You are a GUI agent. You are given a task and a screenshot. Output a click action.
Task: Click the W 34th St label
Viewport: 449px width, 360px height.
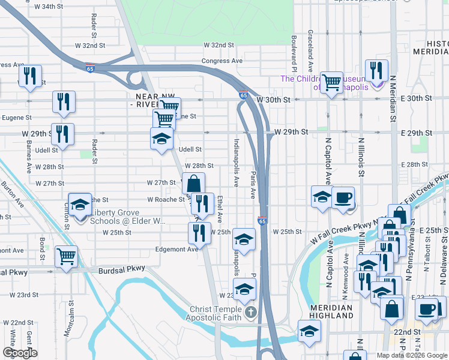(49, 7)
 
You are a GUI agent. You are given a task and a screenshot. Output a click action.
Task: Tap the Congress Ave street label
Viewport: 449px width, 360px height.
(222, 61)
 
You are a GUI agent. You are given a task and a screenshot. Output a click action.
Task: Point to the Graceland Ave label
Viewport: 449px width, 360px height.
(310, 43)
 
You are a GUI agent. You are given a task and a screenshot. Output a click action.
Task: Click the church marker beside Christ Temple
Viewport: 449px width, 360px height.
(251, 312)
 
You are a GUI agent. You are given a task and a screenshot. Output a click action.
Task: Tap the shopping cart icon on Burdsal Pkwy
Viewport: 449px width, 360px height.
(66, 256)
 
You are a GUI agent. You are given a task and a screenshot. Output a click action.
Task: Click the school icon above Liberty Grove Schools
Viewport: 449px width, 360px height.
(80, 205)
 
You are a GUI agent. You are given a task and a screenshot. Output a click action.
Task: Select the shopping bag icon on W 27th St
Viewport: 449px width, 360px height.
(194, 183)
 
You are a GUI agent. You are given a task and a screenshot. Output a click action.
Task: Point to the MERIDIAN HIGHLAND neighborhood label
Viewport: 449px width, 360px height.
(332, 311)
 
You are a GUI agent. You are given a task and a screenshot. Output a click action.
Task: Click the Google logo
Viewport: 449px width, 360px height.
(20, 353)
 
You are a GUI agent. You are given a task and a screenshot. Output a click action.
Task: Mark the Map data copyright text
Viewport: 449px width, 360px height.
(411, 355)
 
